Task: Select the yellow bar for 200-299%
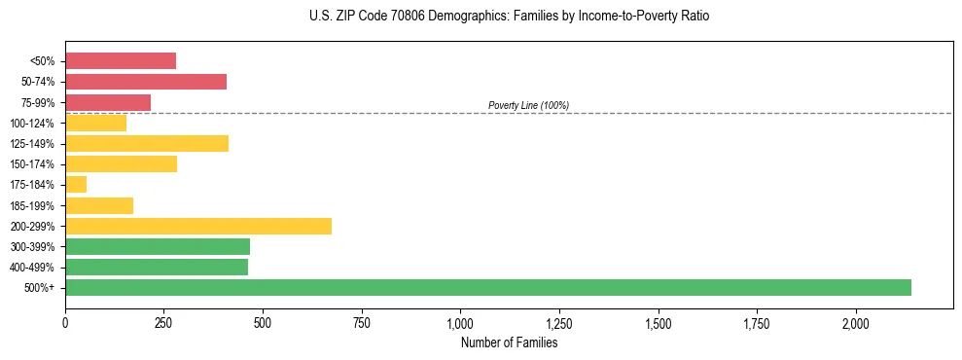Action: [x=198, y=226]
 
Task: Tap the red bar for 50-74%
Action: [x=146, y=82]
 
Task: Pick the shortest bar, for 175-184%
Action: [x=76, y=185]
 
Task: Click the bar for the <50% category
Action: [x=121, y=61]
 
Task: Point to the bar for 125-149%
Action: [x=147, y=144]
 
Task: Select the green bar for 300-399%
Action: [x=158, y=246]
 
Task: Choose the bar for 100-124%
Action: [x=95, y=123]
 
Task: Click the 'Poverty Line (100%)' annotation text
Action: [x=528, y=105]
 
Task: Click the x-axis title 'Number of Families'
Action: [x=510, y=342]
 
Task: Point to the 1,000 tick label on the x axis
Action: [x=460, y=323]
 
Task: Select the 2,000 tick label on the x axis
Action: [x=856, y=323]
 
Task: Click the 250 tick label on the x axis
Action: [x=163, y=323]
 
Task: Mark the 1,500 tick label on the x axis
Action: [x=659, y=323]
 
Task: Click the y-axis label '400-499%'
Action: [x=34, y=268]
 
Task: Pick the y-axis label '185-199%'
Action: [x=34, y=205]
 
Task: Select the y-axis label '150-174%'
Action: [x=34, y=164]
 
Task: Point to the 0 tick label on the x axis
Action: [x=65, y=323]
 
